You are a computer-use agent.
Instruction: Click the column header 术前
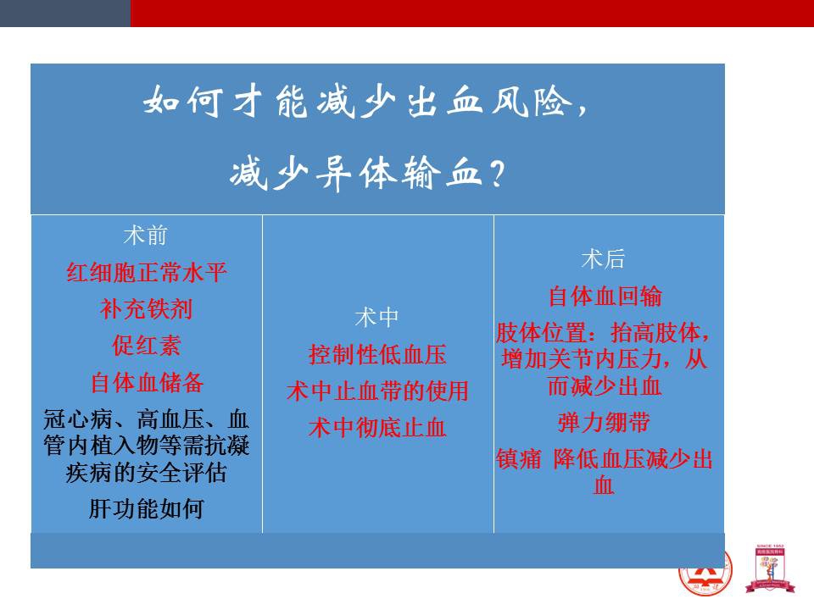click(145, 236)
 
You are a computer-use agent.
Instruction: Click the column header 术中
click(376, 318)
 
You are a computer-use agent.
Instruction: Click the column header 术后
click(603, 259)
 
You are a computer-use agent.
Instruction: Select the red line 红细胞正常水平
click(147, 272)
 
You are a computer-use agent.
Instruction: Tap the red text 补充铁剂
click(147, 309)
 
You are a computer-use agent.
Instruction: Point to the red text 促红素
click(147, 346)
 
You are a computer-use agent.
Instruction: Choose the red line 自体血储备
click(147, 382)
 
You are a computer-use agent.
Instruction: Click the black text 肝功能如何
click(147, 509)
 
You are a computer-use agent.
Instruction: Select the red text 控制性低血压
click(377, 354)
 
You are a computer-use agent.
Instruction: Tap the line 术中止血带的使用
click(377, 391)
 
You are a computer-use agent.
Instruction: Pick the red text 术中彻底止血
click(377, 427)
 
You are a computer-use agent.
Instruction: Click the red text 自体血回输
click(605, 297)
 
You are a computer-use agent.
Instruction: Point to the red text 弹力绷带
click(604, 422)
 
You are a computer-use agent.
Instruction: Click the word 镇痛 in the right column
click(519, 459)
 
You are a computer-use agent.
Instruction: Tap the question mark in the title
click(497, 174)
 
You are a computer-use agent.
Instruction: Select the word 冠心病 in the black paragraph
click(78, 419)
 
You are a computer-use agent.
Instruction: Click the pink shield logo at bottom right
click(770, 569)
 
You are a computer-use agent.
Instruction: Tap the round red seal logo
click(705, 574)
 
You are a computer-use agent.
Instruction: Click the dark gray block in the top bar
click(65, 13)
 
